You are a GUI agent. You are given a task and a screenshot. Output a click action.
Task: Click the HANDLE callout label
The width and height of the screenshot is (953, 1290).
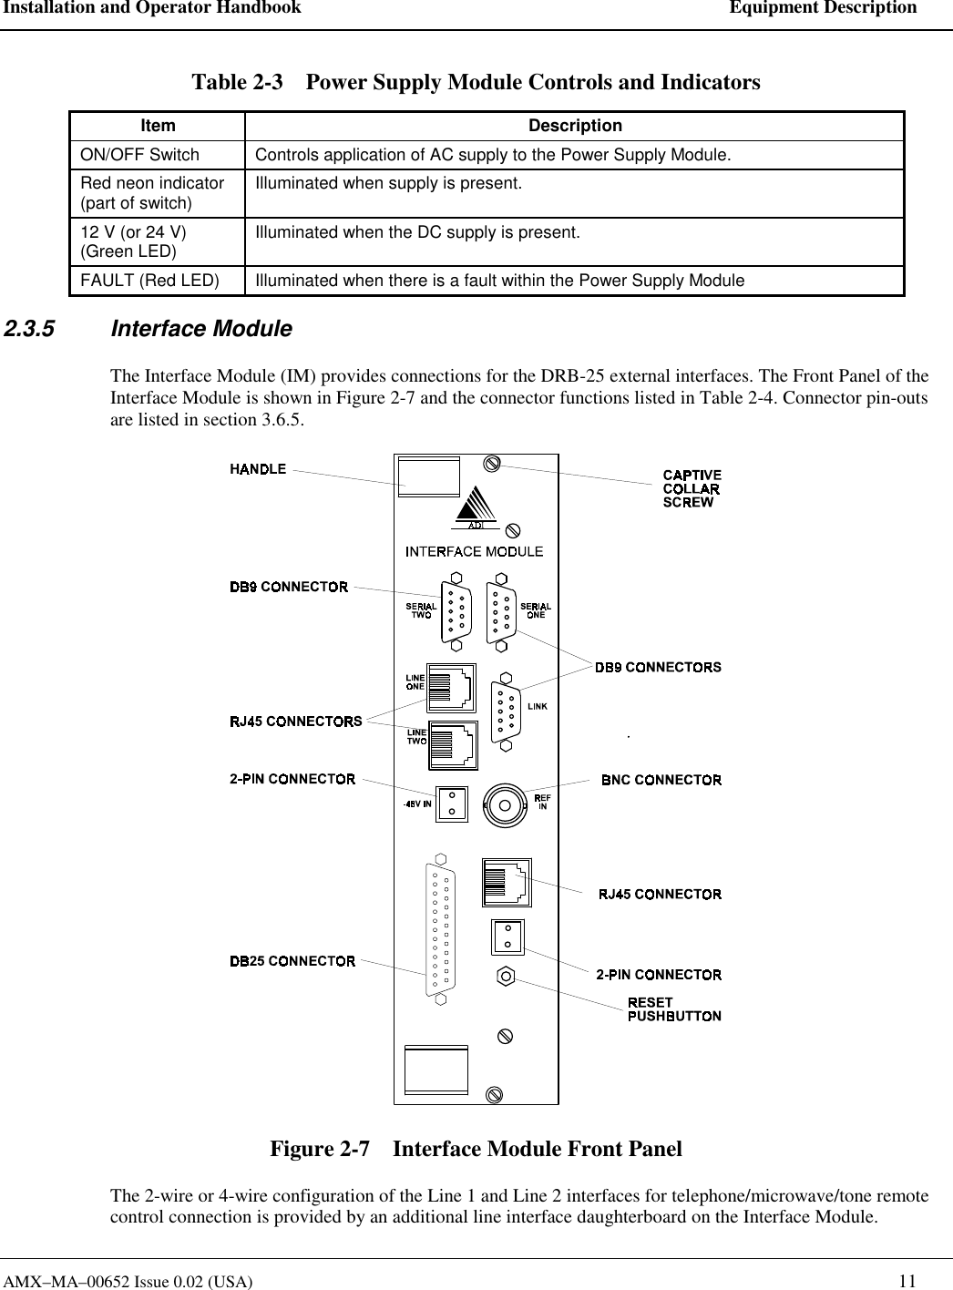pyautogui.click(x=258, y=469)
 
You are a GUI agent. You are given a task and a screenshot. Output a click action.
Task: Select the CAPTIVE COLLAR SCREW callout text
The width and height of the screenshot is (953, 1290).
pyautogui.click(x=692, y=488)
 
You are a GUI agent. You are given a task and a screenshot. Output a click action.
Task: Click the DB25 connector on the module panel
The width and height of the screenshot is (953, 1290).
pyautogui.click(x=442, y=930)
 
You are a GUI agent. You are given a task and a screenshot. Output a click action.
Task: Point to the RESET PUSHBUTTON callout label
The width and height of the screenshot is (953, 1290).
pyautogui.click(x=674, y=1009)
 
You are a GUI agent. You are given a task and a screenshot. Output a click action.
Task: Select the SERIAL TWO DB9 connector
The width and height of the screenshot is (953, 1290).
pyautogui.click(x=456, y=610)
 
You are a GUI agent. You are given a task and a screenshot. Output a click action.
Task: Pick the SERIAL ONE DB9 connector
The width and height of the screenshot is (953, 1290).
pyautogui.click(x=500, y=610)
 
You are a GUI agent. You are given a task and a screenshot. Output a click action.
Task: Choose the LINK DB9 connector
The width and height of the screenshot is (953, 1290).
pyautogui.click(x=506, y=713)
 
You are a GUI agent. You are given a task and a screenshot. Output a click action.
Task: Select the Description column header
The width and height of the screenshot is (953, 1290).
pyautogui.click(x=574, y=126)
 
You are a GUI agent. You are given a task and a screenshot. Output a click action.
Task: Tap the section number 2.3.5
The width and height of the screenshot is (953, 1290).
pyautogui.click(x=28, y=329)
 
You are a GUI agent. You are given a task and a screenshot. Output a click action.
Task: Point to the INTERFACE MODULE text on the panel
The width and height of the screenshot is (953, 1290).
pyautogui.click(x=474, y=551)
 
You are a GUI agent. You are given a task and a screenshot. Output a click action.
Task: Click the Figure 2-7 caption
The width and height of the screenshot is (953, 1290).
pyautogui.click(x=476, y=1149)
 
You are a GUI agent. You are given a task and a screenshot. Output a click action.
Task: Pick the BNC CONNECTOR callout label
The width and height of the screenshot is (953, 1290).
pyautogui.click(x=661, y=780)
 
